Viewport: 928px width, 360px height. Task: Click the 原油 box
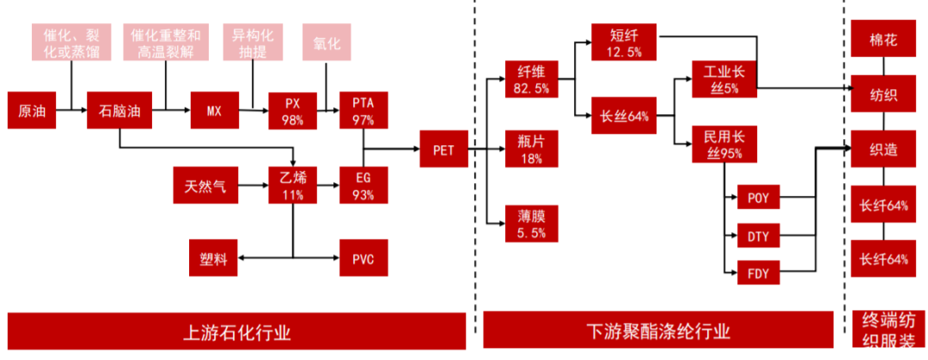coord(32,110)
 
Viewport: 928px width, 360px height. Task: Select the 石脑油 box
coord(119,110)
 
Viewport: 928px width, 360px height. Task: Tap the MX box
coord(214,110)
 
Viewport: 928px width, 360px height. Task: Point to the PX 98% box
coord(293,110)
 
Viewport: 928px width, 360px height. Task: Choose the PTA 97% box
coord(364,110)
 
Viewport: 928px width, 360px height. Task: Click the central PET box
coord(443,149)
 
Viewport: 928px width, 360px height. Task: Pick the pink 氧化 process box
coord(327,42)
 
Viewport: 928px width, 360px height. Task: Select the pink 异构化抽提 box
coord(253,42)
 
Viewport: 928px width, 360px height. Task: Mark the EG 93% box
coord(364,186)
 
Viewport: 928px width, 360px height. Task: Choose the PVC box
coord(364,258)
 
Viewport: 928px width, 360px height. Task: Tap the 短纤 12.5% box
coord(625,42)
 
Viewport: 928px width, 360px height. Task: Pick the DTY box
coord(759,237)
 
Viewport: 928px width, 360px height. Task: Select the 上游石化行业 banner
coord(237,332)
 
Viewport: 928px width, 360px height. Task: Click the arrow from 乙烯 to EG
coord(328,186)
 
